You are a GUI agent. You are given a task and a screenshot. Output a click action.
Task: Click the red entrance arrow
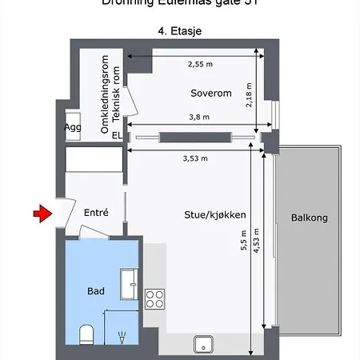click(x=41, y=213)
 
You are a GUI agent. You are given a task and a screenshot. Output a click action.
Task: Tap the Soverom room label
click(x=211, y=93)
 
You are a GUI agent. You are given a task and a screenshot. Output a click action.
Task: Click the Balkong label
click(x=309, y=217)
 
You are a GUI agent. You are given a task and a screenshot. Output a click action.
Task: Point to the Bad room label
click(x=96, y=291)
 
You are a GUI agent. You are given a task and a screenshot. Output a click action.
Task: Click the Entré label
click(x=96, y=213)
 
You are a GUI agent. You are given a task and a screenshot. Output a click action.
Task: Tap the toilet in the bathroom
click(x=87, y=333)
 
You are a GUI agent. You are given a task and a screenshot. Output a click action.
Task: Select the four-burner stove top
click(x=154, y=299)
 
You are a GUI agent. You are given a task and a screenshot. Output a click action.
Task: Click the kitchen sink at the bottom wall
click(x=205, y=345)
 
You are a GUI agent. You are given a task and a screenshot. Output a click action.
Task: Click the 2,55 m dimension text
click(x=200, y=64)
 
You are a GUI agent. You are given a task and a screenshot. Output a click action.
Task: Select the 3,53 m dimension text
click(x=195, y=158)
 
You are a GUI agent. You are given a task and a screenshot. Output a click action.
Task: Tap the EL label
click(x=117, y=136)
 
